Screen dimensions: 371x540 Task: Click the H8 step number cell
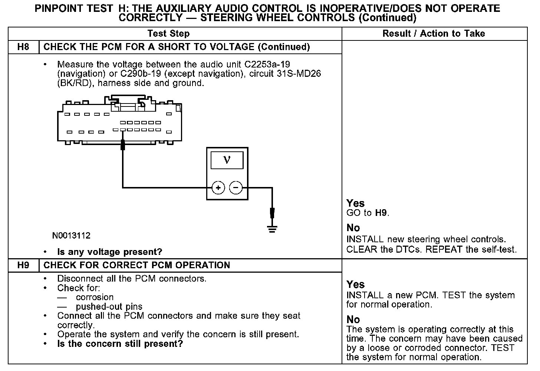23,47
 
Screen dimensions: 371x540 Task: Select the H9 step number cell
23,265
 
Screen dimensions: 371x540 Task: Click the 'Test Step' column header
168,34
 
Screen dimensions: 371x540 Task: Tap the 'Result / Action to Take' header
434,34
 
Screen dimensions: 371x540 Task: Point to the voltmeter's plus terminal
218,188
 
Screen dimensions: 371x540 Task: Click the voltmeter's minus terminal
236,188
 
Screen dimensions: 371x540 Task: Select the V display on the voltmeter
227,160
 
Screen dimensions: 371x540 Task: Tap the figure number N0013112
71,236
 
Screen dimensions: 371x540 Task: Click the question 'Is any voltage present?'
110,252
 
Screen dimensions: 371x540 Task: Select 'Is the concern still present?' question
120,344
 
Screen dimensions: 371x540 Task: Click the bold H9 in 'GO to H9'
381,213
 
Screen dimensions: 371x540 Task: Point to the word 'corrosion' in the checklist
95,298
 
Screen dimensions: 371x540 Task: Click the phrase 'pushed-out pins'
109,307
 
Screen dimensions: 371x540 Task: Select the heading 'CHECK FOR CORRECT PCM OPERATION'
137,265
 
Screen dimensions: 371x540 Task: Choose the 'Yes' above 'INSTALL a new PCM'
356,285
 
